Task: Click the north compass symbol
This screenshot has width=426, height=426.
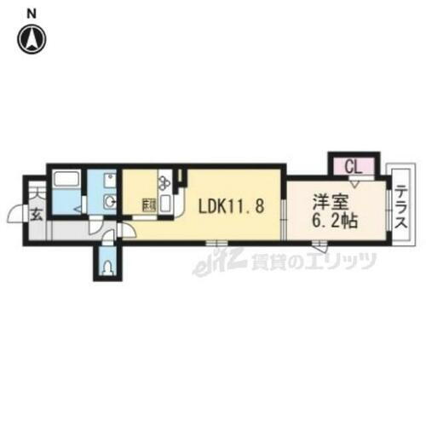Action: pos(32,38)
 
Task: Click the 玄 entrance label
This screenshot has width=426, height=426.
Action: pos(37,214)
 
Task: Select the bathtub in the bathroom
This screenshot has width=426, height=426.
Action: pos(66,181)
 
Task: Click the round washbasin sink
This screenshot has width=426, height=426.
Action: pos(108,201)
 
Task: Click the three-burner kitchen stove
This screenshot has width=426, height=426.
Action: pos(164,181)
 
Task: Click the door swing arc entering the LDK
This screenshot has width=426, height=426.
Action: pos(125,228)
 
